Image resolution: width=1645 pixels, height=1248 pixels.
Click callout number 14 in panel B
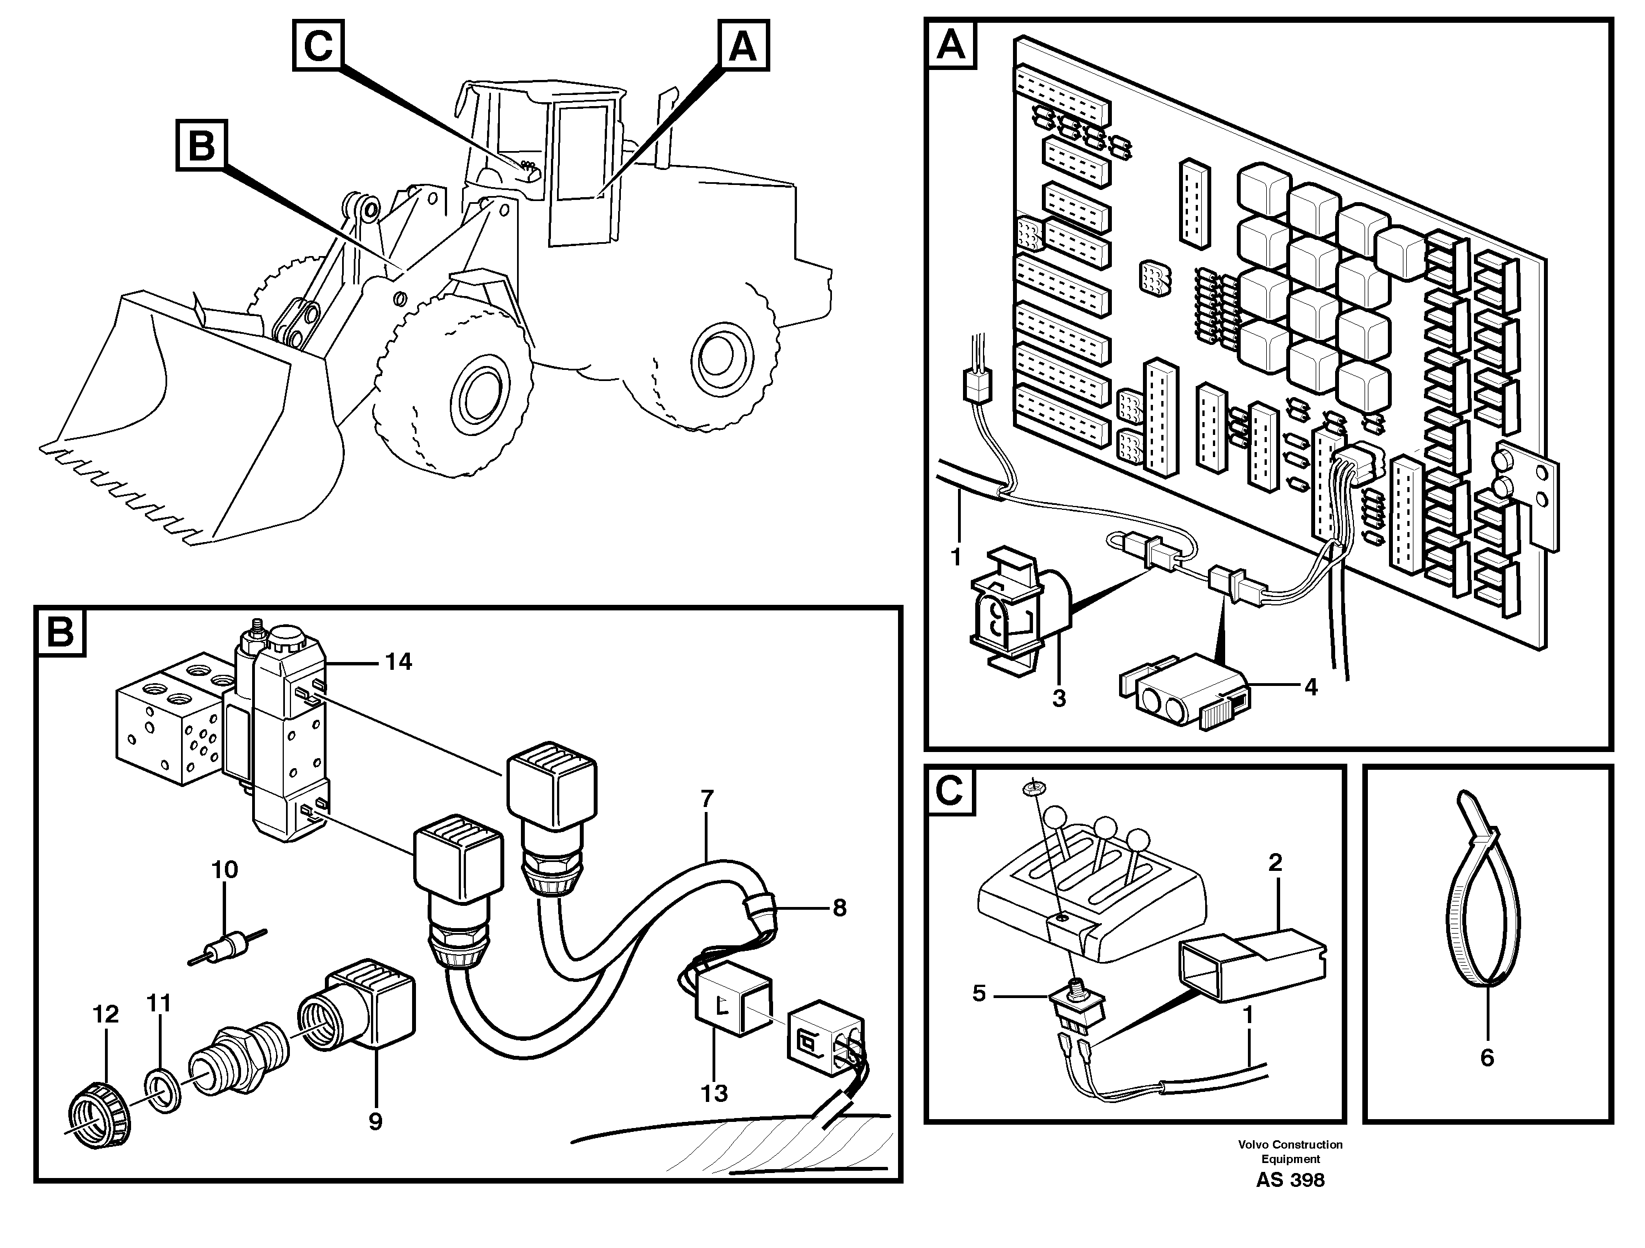tap(399, 661)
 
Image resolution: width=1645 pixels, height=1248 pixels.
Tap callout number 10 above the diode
tap(224, 869)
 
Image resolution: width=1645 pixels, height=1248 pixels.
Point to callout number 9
tap(375, 1121)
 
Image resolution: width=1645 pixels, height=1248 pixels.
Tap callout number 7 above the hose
tap(706, 800)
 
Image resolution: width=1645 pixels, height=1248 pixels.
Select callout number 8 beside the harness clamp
tap(839, 908)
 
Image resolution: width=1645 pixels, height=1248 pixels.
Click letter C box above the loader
tap(318, 46)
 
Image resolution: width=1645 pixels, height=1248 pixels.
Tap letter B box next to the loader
tap(202, 145)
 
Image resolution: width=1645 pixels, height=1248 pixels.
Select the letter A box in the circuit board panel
tap(951, 46)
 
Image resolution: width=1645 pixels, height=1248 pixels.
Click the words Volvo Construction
tap(1290, 1145)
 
